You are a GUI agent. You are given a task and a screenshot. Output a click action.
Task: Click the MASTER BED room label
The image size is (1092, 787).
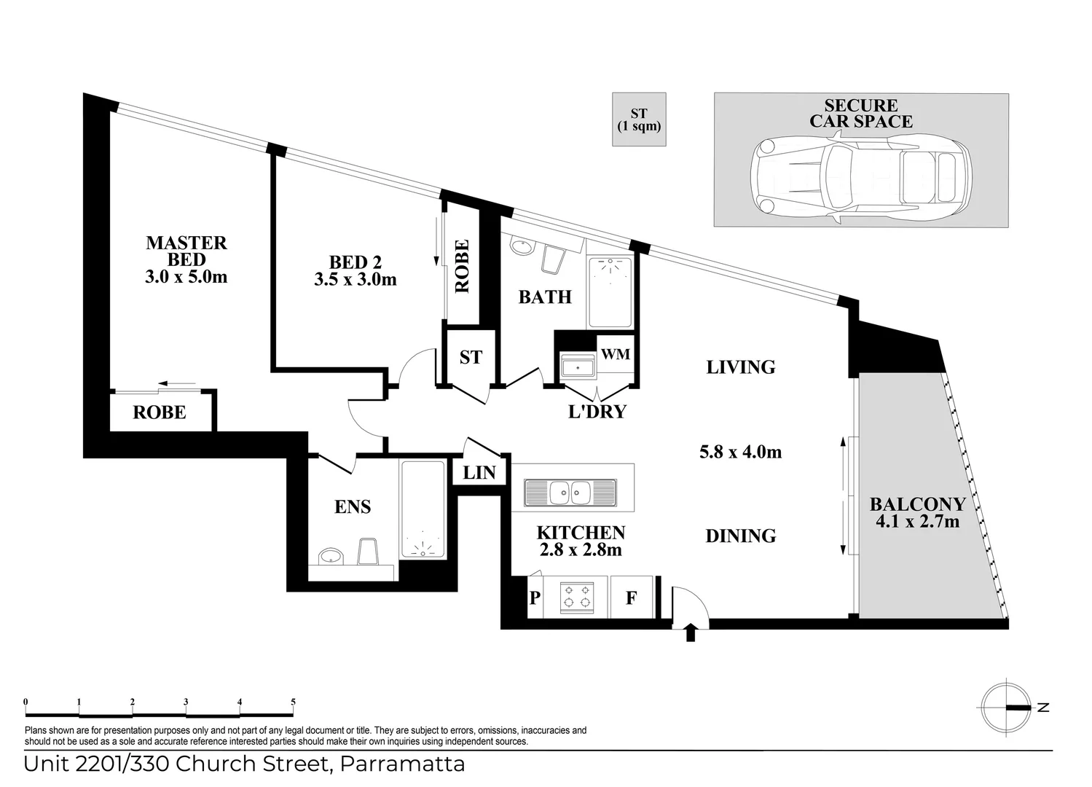pos(186,251)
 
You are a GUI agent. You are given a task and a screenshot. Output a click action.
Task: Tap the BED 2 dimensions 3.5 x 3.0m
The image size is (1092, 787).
pos(356,279)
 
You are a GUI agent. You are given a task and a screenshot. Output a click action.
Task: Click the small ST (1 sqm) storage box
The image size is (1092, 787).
pos(639,120)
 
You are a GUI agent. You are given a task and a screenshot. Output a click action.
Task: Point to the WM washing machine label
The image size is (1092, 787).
pos(615,354)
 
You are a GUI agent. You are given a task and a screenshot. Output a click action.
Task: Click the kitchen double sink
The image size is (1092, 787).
pos(570,493)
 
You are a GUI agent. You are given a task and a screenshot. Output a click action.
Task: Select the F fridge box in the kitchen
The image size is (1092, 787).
pos(632,598)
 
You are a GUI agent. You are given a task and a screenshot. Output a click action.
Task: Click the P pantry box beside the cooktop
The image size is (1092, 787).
pos(535,598)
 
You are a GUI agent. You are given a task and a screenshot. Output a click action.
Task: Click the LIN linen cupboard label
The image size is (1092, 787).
pos(479,473)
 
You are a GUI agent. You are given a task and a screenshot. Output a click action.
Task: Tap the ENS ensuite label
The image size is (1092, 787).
pos(353,506)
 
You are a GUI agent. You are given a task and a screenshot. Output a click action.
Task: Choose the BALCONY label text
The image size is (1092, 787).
pos(917,504)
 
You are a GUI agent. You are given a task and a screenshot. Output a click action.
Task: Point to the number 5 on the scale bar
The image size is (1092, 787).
pos(294,702)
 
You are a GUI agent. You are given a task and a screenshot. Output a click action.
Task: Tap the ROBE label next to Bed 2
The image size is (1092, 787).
pos(462,267)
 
